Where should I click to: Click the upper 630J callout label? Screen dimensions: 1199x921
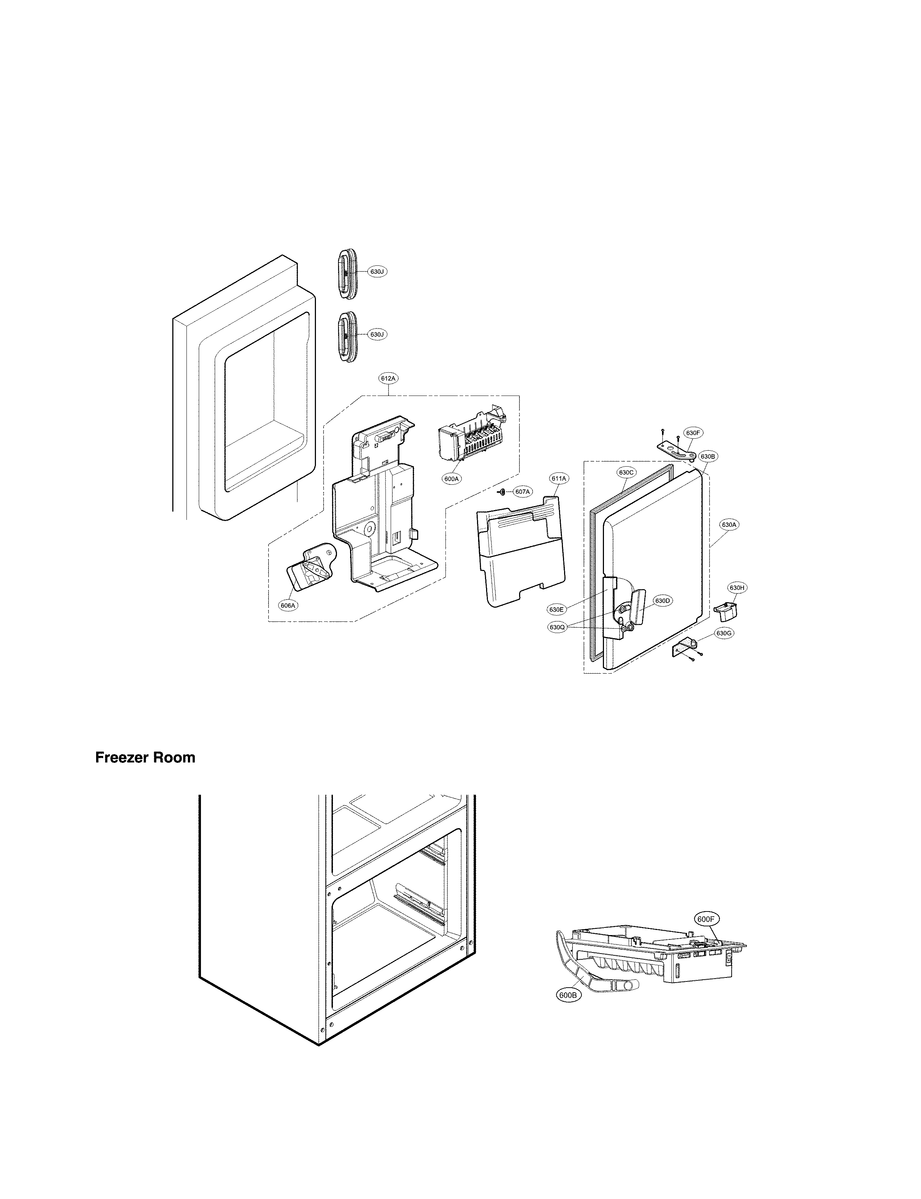pos(376,271)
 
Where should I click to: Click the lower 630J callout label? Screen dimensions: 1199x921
pos(376,334)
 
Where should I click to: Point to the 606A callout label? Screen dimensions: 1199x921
pos(288,605)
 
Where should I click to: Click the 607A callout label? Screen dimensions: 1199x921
pos(522,492)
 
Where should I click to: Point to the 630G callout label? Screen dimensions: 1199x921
pos(724,633)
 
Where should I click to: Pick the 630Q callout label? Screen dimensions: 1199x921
pos(557,627)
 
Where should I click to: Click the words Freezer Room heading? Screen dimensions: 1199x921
pos(145,757)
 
